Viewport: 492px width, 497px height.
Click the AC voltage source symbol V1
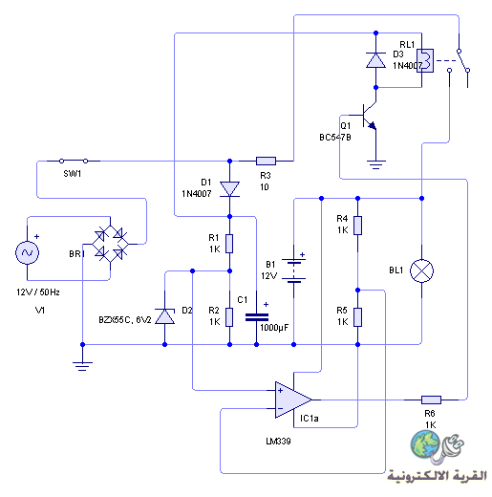click(27, 253)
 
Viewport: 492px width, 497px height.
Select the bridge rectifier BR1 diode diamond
click(110, 244)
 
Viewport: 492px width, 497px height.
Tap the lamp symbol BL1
click(421, 270)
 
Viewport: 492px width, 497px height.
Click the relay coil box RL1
click(425, 60)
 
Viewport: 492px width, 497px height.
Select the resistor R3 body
click(266, 161)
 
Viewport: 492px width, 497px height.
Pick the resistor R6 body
click(431, 400)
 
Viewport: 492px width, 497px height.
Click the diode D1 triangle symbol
click(229, 189)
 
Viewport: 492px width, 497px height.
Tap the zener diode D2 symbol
click(164, 316)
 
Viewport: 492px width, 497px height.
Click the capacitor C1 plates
click(257, 317)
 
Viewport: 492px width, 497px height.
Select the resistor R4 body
click(357, 226)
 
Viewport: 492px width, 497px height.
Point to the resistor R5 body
click(357, 317)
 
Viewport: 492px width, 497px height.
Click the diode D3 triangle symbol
click(375, 60)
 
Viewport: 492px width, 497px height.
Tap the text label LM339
click(278, 442)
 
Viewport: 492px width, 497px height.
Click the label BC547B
click(335, 138)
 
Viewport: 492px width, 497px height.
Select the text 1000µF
click(274, 328)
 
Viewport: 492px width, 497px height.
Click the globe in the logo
click(425, 444)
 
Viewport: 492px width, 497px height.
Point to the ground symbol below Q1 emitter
click(375, 164)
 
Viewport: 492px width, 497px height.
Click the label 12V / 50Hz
click(38, 292)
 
